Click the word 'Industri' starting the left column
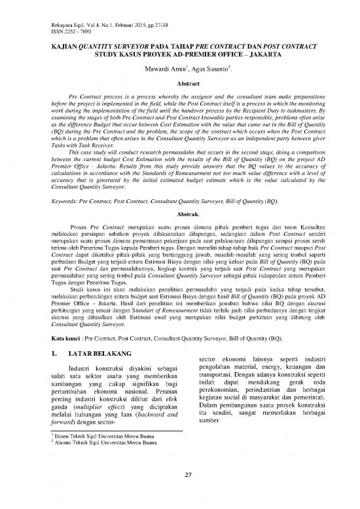point(83,350)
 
